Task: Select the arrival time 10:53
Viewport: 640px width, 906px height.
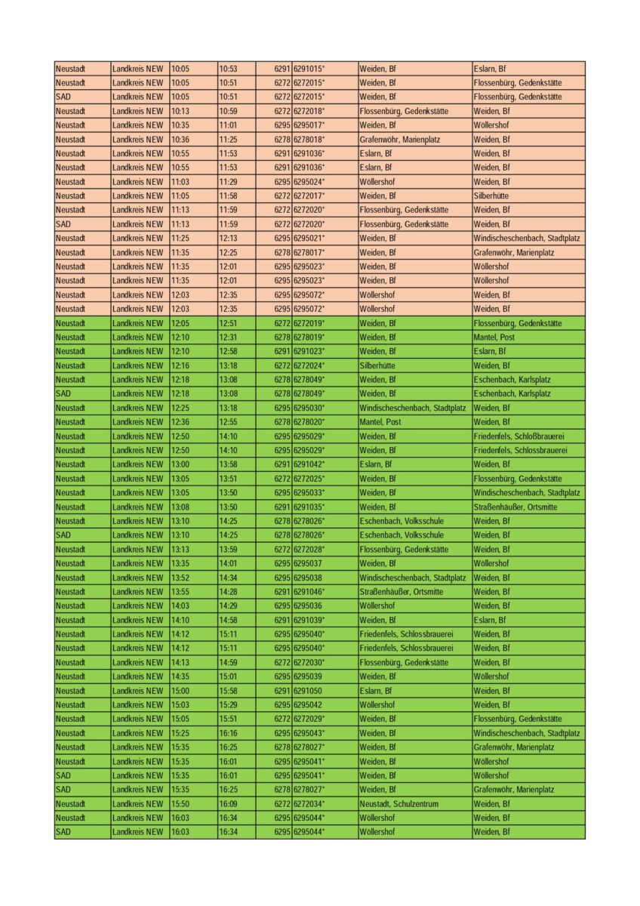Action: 228,69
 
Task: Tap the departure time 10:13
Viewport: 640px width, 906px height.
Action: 180,111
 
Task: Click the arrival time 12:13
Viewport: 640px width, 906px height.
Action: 228,239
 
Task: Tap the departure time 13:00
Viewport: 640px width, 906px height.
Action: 180,464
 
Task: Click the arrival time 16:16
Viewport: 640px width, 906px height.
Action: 228,733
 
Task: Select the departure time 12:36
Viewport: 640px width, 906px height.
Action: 180,422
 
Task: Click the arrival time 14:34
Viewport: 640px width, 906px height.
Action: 228,578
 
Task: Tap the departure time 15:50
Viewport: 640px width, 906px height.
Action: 180,804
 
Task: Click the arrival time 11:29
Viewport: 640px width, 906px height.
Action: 228,182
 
